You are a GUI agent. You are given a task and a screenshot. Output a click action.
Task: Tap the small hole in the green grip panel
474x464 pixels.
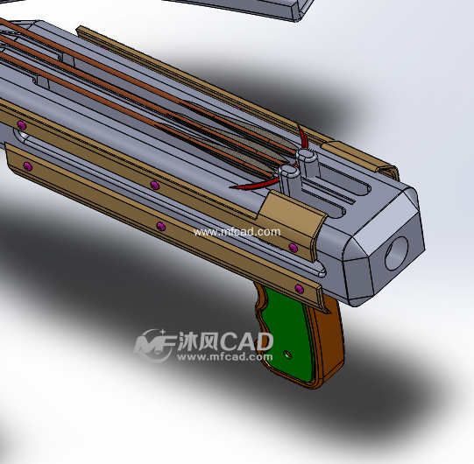tap(288, 355)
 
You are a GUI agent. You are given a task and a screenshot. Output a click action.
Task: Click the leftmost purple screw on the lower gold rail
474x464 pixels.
tap(27, 165)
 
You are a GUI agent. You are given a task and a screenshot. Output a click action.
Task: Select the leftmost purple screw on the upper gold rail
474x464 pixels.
tap(18, 124)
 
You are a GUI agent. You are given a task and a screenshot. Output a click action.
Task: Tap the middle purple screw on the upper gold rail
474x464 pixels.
tap(154, 186)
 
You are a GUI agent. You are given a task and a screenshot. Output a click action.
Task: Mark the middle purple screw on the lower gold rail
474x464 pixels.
tap(159, 227)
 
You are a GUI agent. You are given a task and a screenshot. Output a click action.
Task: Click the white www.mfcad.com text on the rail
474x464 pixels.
tap(237, 232)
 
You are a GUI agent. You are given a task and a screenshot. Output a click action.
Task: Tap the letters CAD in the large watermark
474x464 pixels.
tap(240, 340)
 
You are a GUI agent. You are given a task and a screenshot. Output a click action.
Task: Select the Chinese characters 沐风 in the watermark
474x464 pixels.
tap(191, 340)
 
